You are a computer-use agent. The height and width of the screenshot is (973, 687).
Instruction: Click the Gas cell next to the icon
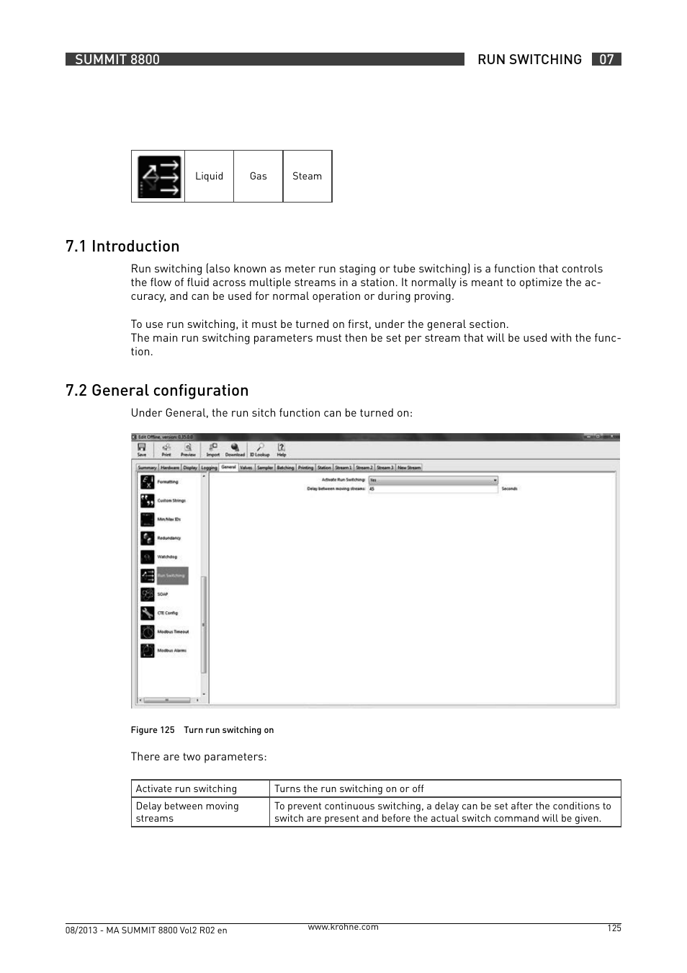(x=258, y=176)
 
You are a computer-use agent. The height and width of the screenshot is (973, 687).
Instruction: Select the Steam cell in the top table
(x=307, y=176)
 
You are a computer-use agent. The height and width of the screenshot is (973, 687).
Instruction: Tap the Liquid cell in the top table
(x=209, y=176)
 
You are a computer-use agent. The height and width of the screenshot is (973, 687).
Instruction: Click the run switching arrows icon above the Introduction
(x=159, y=177)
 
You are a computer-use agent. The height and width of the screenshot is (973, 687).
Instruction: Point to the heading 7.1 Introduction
(x=122, y=246)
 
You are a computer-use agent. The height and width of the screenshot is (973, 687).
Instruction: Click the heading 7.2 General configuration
(x=157, y=391)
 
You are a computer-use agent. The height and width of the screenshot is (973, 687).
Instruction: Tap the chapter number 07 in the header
(x=606, y=60)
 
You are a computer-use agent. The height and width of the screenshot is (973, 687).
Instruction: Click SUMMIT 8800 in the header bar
(x=117, y=60)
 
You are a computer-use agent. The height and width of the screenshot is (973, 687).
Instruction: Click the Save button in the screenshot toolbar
(x=142, y=450)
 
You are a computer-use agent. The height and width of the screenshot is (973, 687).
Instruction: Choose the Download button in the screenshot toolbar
(x=235, y=450)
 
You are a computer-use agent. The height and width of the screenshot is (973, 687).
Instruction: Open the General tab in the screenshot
(x=228, y=467)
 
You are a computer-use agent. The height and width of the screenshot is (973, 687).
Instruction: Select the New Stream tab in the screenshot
(x=409, y=468)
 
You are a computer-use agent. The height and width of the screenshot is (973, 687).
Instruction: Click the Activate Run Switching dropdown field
(x=433, y=479)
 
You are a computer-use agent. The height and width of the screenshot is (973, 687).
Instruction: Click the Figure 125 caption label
(x=153, y=730)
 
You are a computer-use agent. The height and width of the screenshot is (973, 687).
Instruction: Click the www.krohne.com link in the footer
(x=343, y=927)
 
